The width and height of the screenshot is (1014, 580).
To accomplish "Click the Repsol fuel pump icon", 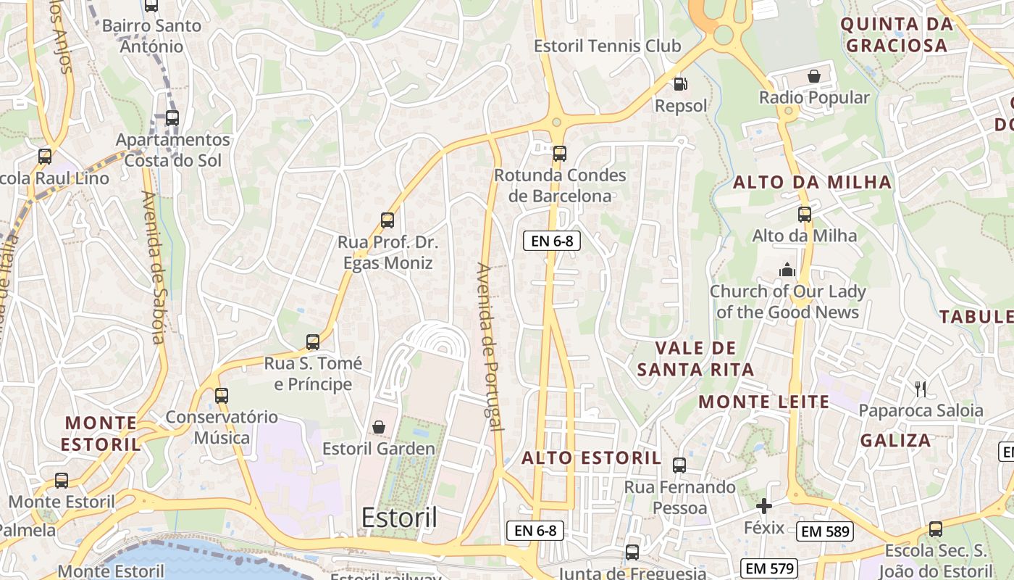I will (x=679, y=84).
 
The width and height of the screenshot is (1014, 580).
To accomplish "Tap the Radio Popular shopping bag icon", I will (x=814, y=76).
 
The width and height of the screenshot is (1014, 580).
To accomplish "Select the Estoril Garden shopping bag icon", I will (x=378, y=427).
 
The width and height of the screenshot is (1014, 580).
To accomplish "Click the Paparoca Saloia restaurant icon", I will (x=921, y=389).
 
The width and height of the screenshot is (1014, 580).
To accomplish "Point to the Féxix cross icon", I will (x=764, y=506).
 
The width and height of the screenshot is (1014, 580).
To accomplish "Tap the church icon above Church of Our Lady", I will (x=787, y=270).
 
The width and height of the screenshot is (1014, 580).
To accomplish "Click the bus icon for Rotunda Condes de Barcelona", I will (x=559, y=154).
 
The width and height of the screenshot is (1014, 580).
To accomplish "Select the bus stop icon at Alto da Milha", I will (x=805, y=215).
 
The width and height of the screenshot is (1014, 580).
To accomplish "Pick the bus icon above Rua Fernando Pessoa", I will (x=679, y=465).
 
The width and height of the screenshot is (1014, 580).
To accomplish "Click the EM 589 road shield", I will (x=826, y=531).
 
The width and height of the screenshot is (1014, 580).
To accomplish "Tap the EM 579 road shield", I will (x=770, y=568).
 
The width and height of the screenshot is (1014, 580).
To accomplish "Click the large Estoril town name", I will (x=399, y=518).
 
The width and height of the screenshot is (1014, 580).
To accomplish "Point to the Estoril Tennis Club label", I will (x=607, y=46).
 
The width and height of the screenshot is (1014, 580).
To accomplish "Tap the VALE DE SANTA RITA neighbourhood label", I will (x=695, y=359).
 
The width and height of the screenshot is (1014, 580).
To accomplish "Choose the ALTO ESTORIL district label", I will (x=591, y=457).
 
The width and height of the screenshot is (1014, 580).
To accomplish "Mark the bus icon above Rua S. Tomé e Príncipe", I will (x=313, y=342).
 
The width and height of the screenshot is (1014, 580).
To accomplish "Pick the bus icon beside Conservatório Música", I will (x=222, y=396).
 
